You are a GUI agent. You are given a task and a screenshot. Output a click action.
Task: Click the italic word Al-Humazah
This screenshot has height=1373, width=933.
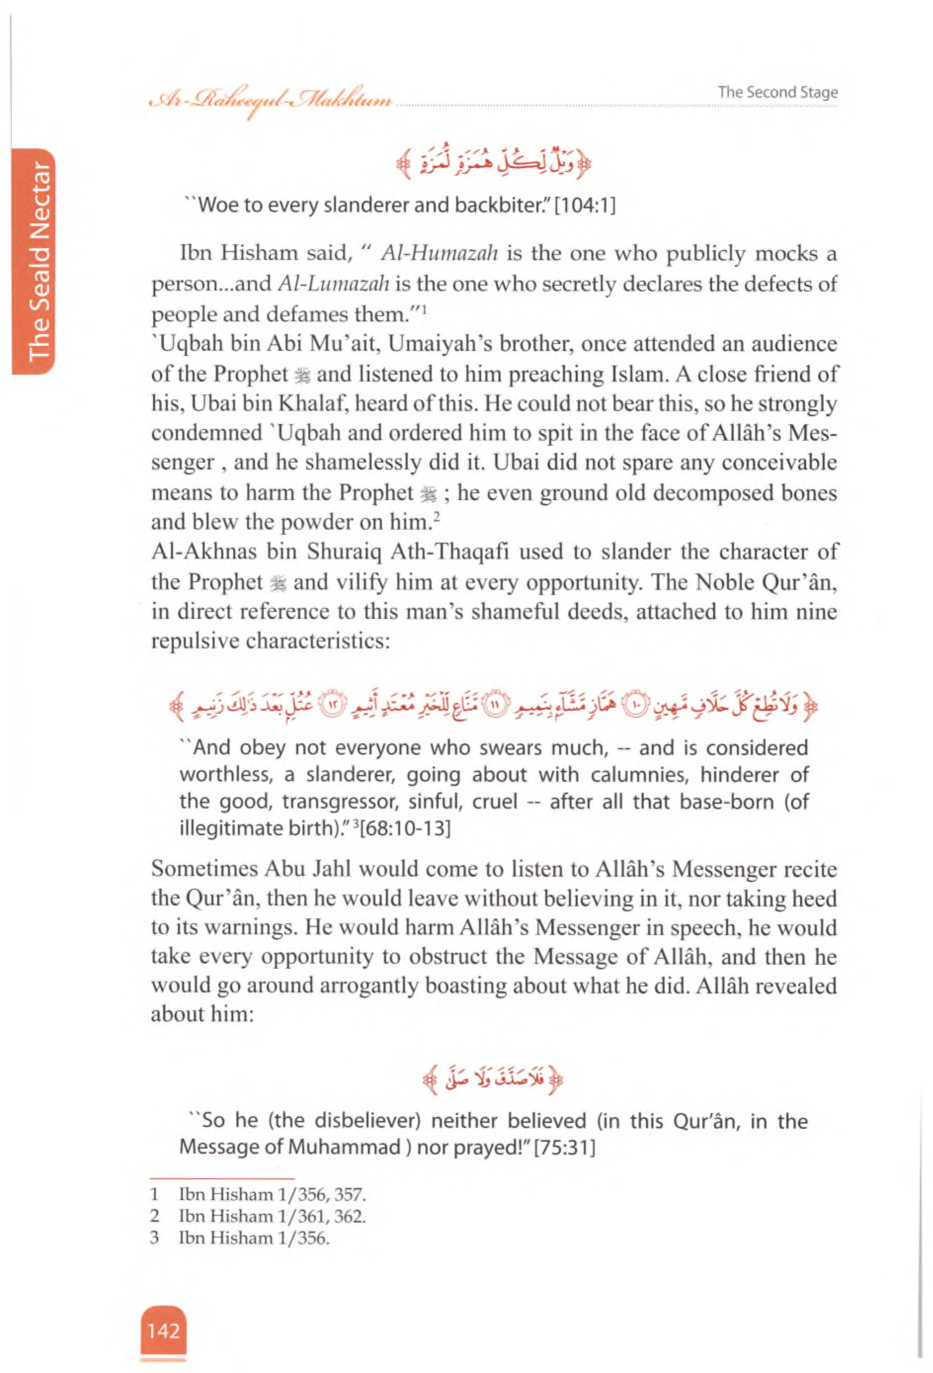(440, 254)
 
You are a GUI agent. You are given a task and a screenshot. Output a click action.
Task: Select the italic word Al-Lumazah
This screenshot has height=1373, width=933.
(333, 284)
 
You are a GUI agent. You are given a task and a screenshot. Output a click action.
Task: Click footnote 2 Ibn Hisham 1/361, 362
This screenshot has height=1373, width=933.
(272, 1216)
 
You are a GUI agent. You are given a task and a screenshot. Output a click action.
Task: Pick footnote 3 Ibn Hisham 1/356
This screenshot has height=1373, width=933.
(254, 1238)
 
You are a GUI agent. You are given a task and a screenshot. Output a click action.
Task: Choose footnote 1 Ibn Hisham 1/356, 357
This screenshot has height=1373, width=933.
(272, 1195)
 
